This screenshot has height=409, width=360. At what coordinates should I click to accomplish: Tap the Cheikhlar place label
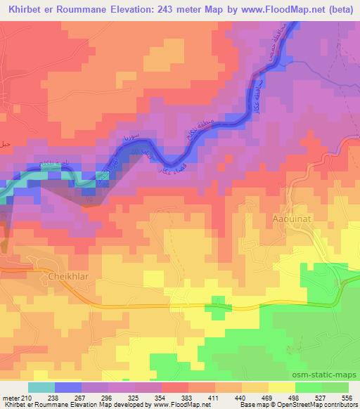click(x=67, y=276)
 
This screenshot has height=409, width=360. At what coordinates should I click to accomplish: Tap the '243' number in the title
click(x=173, y=10)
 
